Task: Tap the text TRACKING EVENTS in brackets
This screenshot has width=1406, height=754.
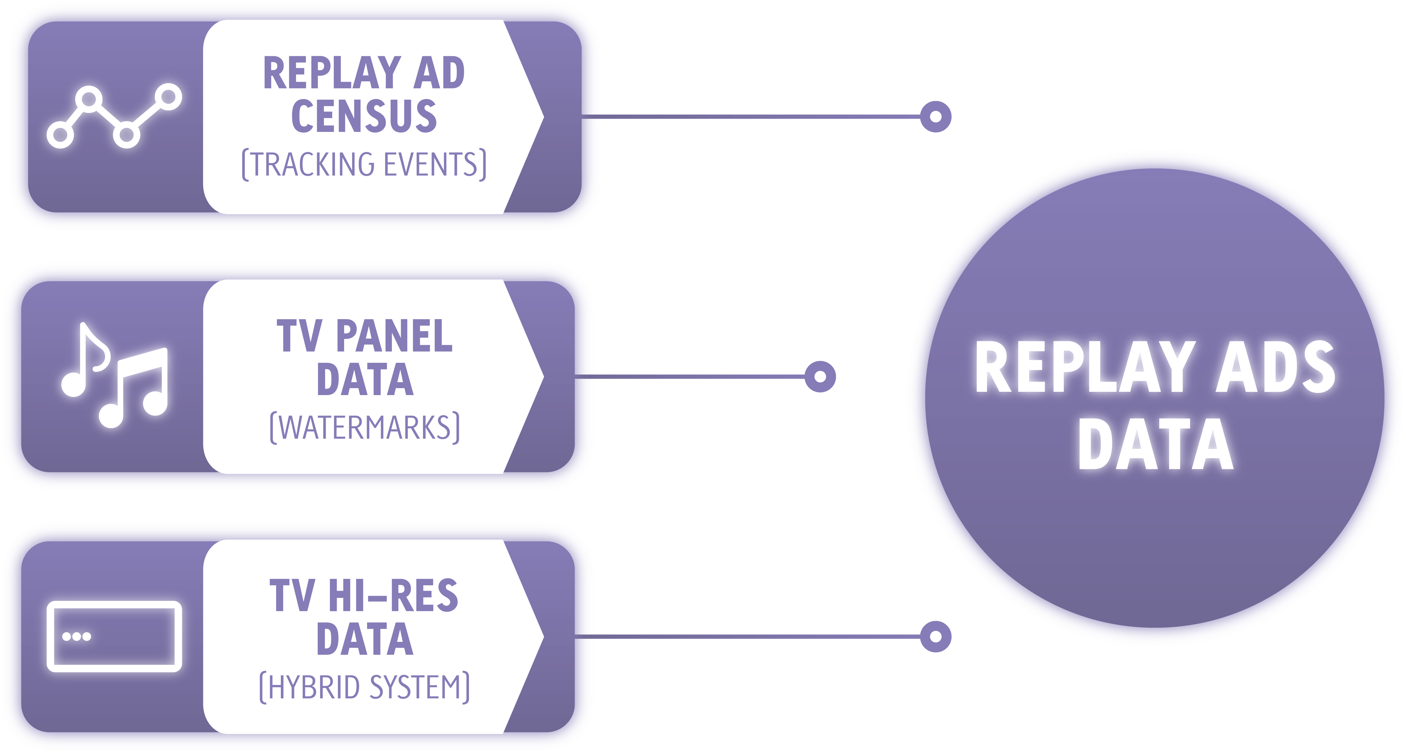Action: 364,164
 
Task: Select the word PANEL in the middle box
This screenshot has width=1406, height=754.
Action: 394,336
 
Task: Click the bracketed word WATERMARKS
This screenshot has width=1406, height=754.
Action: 365,427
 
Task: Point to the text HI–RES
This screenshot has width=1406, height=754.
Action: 393,596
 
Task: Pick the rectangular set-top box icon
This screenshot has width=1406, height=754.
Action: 114,636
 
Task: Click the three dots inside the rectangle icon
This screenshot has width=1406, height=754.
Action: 76,636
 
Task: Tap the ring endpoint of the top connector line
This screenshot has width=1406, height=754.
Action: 936,116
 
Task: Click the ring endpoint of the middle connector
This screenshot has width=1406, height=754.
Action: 820,376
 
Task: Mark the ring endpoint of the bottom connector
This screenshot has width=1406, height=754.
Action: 936,636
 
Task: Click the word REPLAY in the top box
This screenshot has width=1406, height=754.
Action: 332,73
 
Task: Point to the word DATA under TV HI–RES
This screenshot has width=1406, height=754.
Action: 365,639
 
